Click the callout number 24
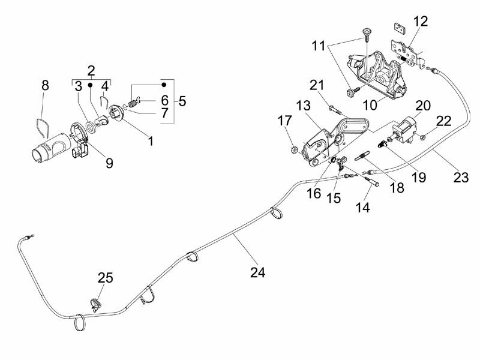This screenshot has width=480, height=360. (x=257, y=272)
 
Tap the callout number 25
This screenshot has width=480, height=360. (x=105, y=278)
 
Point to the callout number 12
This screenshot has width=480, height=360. (x=421, y=22)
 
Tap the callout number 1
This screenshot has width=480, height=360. (x=151, y=142)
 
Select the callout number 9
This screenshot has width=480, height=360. (x=109, y=163)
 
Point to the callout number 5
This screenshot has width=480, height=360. (x=182, y=100)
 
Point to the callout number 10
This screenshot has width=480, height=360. (x=369, y=104)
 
